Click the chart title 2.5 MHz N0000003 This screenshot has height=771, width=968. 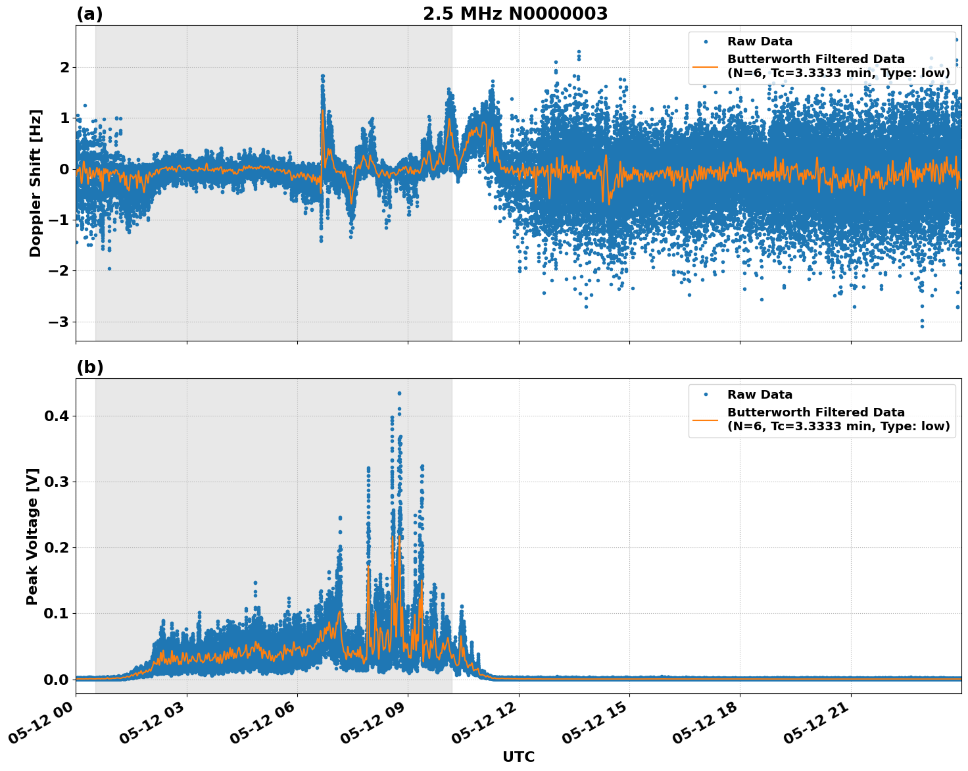[515, 14]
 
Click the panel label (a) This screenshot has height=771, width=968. [89, 14]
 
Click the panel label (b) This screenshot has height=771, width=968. [89, 367]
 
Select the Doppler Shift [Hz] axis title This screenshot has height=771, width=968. [36, 183]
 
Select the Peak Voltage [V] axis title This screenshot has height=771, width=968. [32, 536]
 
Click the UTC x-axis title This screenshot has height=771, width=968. [518, 757]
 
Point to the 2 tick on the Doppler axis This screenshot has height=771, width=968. [64, 67]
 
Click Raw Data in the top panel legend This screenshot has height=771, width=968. [760, 41]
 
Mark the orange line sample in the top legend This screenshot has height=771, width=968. [705, 66]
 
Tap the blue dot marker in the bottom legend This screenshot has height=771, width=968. [705, 395]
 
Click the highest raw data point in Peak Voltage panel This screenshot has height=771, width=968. [399, 393]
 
